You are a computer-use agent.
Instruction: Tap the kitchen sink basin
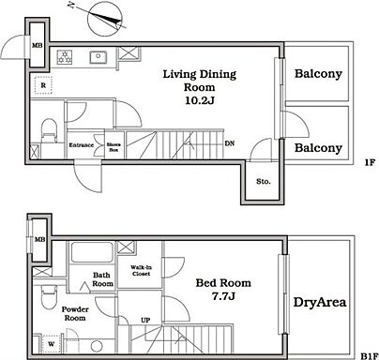coord(99,57)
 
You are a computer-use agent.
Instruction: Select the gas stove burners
coord(65,57)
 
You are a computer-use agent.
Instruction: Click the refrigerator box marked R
coord(43,85)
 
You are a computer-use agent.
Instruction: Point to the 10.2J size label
coord(199,100)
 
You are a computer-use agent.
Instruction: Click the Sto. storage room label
coord(264,181)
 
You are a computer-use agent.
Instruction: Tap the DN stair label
coord(230,143)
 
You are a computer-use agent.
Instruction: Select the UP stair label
coord(145,320)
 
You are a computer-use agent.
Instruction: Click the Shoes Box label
coord(114,147)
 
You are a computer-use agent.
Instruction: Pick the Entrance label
coord(82,145)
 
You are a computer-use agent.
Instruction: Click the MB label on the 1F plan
coord(38,46)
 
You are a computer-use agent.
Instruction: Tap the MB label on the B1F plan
coord(39,240)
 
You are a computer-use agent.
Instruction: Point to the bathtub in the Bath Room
coord(92,252)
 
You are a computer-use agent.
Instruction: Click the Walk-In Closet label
coord(141,271)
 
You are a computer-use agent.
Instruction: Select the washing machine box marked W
coord(51,344)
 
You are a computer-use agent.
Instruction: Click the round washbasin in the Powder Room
coord(97,346)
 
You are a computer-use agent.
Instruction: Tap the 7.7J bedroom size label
coord(223,296)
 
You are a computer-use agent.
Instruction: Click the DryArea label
coord(320,302)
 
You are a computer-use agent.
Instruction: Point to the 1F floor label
coord(370,162)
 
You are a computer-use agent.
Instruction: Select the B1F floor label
coord(370,356)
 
